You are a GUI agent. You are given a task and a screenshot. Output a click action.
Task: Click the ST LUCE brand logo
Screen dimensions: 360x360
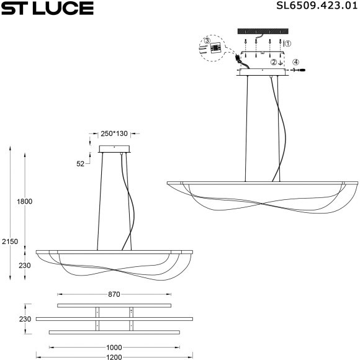47,8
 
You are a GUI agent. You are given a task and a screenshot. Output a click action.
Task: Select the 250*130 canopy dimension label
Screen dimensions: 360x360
114,133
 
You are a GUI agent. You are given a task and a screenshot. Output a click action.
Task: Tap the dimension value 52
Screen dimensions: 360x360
80,163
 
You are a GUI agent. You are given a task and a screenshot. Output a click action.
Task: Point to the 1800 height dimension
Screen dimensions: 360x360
24,202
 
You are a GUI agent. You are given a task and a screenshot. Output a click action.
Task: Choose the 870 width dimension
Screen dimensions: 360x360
114,294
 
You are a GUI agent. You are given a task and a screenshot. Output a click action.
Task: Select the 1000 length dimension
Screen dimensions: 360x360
114,348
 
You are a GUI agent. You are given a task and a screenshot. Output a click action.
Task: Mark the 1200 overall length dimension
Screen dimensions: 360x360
114,357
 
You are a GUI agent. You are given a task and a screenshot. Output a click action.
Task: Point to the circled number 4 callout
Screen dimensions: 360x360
296,62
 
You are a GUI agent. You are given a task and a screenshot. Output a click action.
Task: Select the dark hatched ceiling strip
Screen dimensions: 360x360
264,31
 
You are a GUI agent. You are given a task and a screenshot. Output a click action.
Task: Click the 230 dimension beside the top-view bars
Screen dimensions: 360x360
24,319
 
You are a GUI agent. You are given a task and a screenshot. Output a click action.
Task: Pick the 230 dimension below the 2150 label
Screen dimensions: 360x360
24,266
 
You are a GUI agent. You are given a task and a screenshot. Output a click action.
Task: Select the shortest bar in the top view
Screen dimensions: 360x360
114,305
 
